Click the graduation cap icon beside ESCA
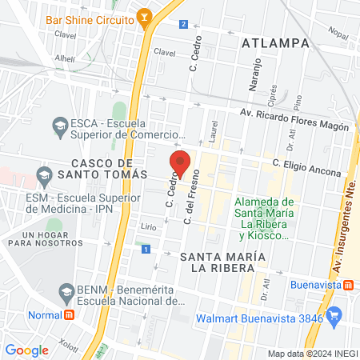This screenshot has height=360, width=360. pos(59,125)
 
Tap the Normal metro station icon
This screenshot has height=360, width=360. pos(70,314)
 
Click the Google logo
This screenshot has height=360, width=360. pos(26,350)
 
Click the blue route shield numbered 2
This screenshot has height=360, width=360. pos(184,24)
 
